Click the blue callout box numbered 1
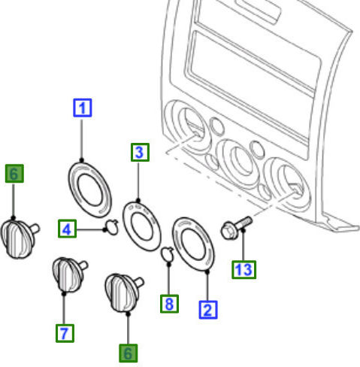[83, 108]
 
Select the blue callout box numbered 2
[208, 310]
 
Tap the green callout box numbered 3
[140, 153]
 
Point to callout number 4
[67, 229]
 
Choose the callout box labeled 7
[65, 333]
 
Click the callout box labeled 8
[169, 304]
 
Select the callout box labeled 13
[244, 270]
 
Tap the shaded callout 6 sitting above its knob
[14, 174]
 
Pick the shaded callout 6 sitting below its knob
[128, 353]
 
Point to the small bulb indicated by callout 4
[112, 227]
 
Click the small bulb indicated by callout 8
[168, 253]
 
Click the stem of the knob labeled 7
[83, 265]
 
